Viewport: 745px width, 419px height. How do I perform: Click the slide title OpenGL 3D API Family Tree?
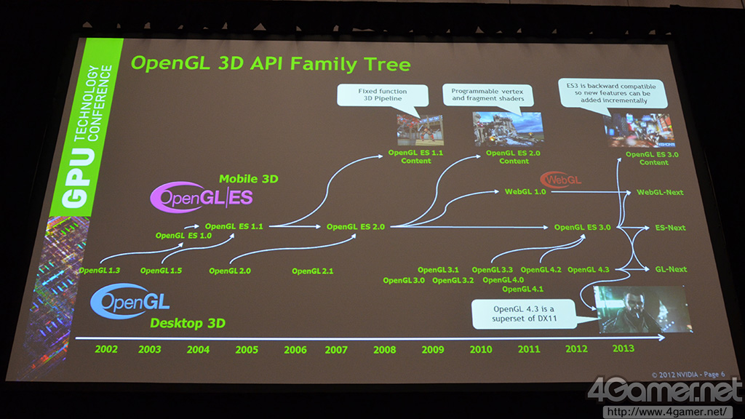pos(271,64)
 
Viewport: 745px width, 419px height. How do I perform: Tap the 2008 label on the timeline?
pos(384,350)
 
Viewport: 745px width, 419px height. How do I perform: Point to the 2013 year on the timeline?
pos(623,348)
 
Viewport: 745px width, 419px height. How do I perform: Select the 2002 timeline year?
pos(106,349)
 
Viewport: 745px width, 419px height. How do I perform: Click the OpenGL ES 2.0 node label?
pos(355,227)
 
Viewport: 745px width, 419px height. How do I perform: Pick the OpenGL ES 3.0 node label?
pos(582,227)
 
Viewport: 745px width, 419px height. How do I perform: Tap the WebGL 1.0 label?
pos(525,191)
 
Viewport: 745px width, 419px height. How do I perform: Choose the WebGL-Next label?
pos(660,192)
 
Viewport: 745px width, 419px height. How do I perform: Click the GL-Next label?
pos(671,269)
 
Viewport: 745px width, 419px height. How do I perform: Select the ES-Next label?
pos(670,228)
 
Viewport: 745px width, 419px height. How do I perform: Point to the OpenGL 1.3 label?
pos(99,271)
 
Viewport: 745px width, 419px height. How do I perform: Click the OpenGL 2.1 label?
pos(312,271)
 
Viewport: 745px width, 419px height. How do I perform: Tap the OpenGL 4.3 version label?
pos(588,269)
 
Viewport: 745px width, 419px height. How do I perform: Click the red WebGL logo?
pos(561,180)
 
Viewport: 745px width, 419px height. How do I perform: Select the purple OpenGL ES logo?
pos(202,196)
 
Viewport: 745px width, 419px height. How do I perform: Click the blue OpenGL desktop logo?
pos(130,300)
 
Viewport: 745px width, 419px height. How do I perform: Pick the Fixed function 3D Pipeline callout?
pos(383,95)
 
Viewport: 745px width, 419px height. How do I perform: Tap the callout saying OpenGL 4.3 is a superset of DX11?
pos(524,314)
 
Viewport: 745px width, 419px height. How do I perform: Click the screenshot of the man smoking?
pos(642,309)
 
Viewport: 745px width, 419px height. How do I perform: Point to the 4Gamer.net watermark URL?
pos(666,412)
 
